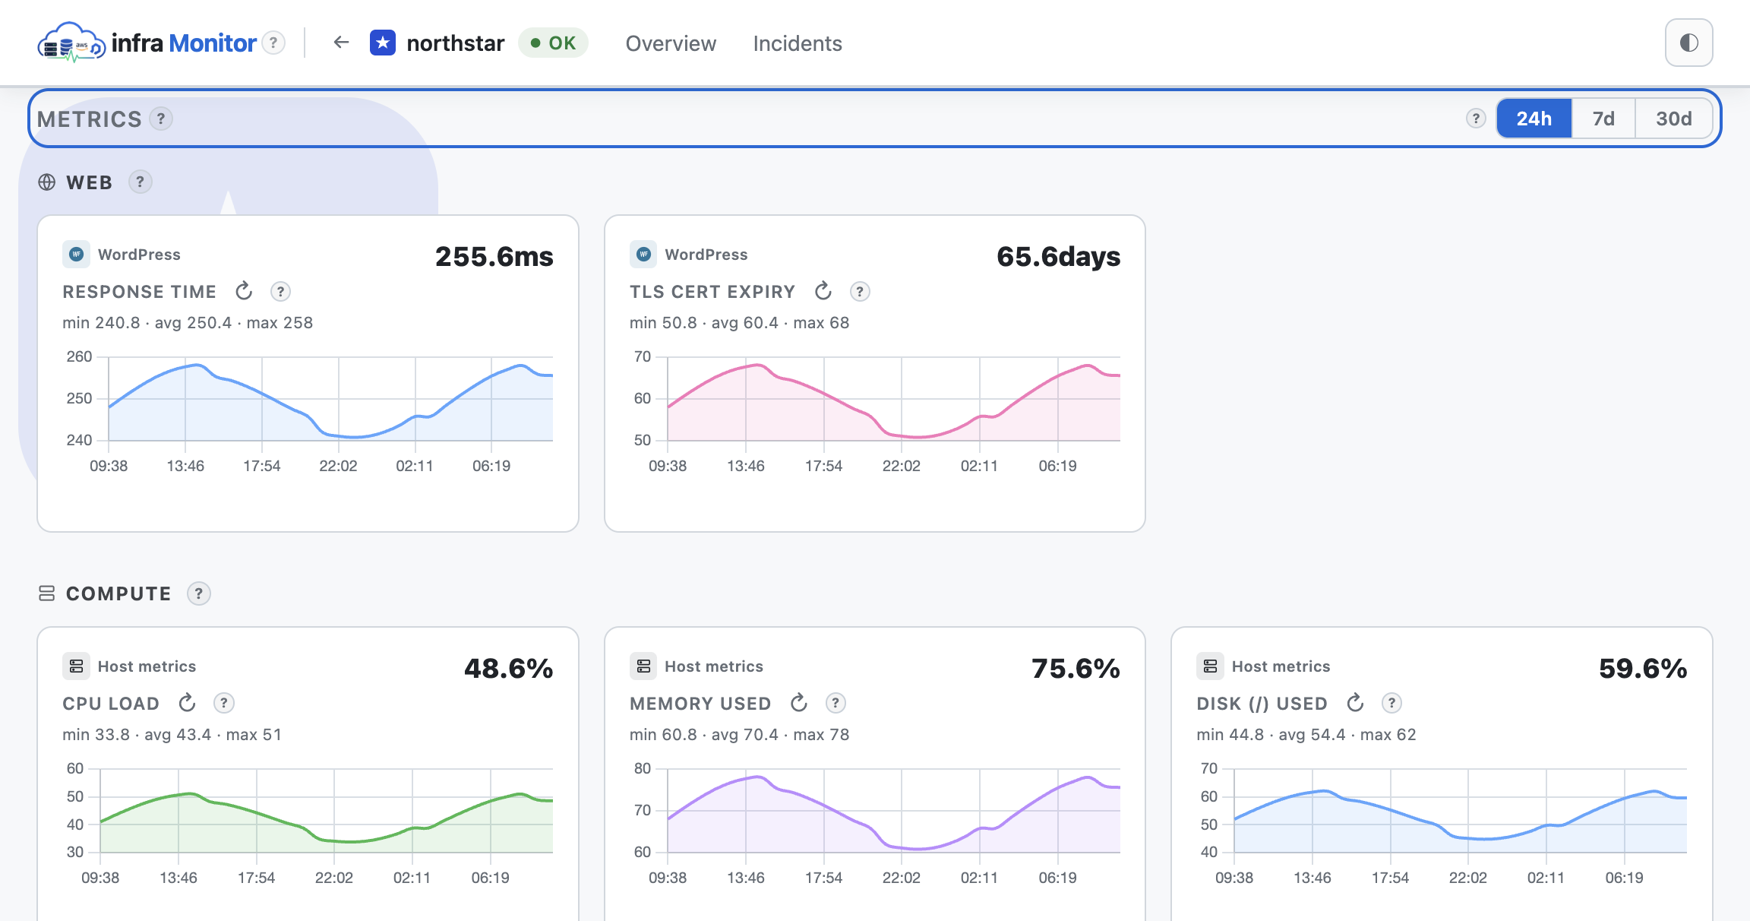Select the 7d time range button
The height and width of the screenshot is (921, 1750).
[x=1603, y=119]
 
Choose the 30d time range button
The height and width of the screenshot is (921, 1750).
[x=1673, y=119]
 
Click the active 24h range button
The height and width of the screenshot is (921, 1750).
[x=1534, y=119]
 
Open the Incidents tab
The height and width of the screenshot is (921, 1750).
[x=798, y=43]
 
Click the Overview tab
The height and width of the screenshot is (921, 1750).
[x=671, y=43]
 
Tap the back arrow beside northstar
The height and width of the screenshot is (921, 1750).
[x=341, y=43]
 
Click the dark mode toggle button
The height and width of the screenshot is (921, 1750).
[x=1688, y=43]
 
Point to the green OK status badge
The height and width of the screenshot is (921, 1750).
[x=553, y=43]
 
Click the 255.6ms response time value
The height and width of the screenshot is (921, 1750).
[x=494, y=257]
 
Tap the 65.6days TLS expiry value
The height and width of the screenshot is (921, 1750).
[x=1058, y=257]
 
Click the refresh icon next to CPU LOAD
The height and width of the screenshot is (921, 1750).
[x=187, y=703]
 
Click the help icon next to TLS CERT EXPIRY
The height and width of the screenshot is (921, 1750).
[x=860, y=292]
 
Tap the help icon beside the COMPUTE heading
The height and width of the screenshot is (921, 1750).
[x=199, y=593]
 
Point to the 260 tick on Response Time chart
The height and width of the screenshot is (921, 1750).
[x=79, y=357]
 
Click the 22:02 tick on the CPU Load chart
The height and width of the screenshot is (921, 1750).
[x=334, y=878]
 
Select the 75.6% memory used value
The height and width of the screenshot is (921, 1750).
[x=1076, y=669]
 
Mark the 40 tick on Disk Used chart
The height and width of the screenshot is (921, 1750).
[x=1208, y=852]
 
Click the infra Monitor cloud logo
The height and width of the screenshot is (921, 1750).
[x=71, y=43]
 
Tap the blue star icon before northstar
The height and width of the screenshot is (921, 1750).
[x=383, y=43]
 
